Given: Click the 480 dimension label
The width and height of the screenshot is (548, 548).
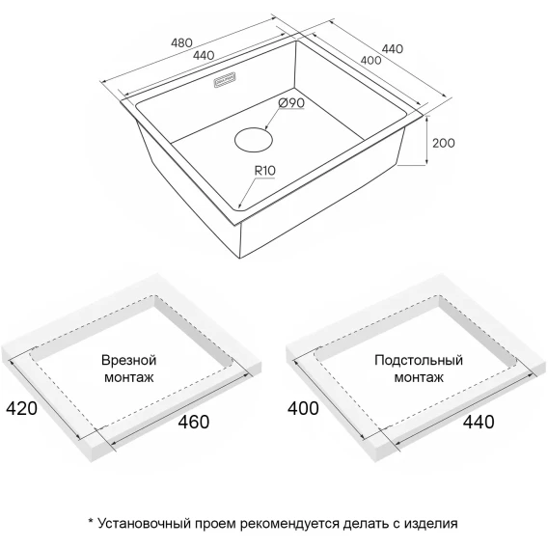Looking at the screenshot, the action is click(181, 42).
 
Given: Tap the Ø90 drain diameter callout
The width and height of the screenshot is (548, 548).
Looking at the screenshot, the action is click(291, 103).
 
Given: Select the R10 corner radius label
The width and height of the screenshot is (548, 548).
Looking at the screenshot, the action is click(265, 171).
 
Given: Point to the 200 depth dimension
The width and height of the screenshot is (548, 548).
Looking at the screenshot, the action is click(444, 143).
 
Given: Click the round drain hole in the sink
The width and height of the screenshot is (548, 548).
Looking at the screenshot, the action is click(254, 140).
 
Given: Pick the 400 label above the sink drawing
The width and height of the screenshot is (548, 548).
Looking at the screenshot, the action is click(370, 61).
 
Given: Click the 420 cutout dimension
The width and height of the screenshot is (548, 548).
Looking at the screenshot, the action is click(21, 408).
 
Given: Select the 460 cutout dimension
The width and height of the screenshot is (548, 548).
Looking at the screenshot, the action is click(194, 422).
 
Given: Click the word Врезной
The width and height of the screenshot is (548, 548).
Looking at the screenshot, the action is click(128, 360).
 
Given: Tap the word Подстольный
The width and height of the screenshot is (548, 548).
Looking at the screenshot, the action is click(419, 360).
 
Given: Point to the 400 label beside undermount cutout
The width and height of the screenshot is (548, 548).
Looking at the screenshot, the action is click(303, 408).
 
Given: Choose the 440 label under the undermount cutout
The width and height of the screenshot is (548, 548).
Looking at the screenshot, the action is click(479, 422).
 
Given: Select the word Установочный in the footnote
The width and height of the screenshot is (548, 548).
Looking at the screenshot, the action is click(144, 524).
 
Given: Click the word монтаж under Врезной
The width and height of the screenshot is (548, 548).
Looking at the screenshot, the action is click(129, 377).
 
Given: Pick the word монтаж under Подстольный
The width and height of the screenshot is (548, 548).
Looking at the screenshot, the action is click(419, 377).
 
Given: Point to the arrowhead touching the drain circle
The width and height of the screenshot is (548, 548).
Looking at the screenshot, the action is click(266, 128).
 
